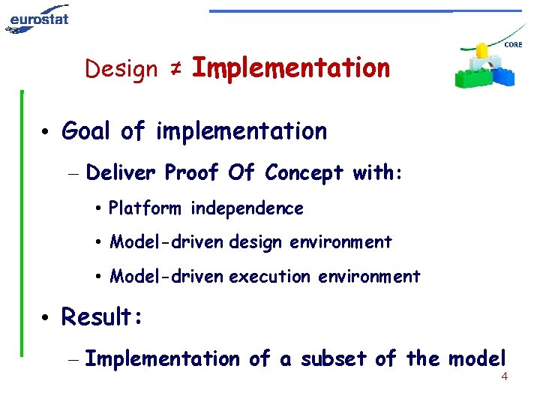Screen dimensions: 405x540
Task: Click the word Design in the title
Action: pyautogui.click(x=121, y=69)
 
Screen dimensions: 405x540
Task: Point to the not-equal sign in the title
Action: pyautogui.click(x=174, y=69)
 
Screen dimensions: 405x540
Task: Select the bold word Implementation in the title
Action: pyautogui.click(x=291, y=68)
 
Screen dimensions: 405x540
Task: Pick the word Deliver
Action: pyautogui.click(x=120, y=173)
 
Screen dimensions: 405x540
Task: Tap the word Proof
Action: pyautogui.click(x=190, y=173)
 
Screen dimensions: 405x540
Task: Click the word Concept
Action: pyautogui.click(x=302, y=173)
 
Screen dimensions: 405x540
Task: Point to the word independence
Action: pyautogui.click(x=247, y=208)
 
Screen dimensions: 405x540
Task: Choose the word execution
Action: pyautogui.click(x=269, y=277)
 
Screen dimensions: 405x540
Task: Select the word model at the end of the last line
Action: pyautogui.click(x=478, y=359)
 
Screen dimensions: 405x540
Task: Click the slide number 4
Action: pyautogui.click(x=504, y=376)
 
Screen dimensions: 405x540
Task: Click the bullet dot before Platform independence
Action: pyautogui.click(x=100, y=209)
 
